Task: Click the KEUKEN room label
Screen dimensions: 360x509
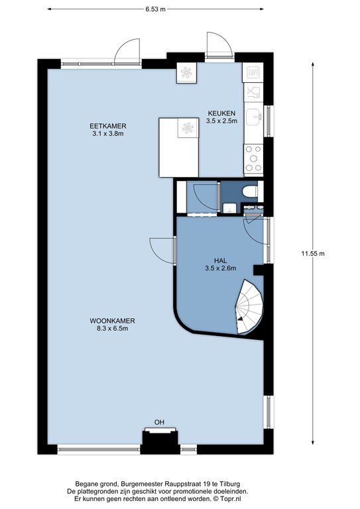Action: point(221,113)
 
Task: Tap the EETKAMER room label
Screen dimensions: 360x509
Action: point(108,126)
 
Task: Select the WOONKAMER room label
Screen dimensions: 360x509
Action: point(112,321)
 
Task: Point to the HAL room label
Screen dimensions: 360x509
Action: point(220,260)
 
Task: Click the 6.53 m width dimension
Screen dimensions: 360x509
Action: point(156,9)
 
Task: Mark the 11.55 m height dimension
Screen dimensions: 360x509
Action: point(313,254)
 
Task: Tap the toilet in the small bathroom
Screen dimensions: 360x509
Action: point(250,192)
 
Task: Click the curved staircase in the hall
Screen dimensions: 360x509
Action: point(249,307)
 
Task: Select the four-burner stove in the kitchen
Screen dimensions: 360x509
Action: point(253,158)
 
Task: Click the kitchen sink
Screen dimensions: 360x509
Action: point(253,117)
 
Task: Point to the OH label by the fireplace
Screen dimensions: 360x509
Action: point(159,422)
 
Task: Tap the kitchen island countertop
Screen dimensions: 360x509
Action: point(179,147)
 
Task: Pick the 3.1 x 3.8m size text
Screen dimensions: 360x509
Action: point(108,133)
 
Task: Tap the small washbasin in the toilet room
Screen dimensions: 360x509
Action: point(229,207)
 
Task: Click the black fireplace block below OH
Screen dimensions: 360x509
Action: point(160,442)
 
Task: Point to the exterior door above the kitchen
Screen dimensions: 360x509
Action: point(219,45)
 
